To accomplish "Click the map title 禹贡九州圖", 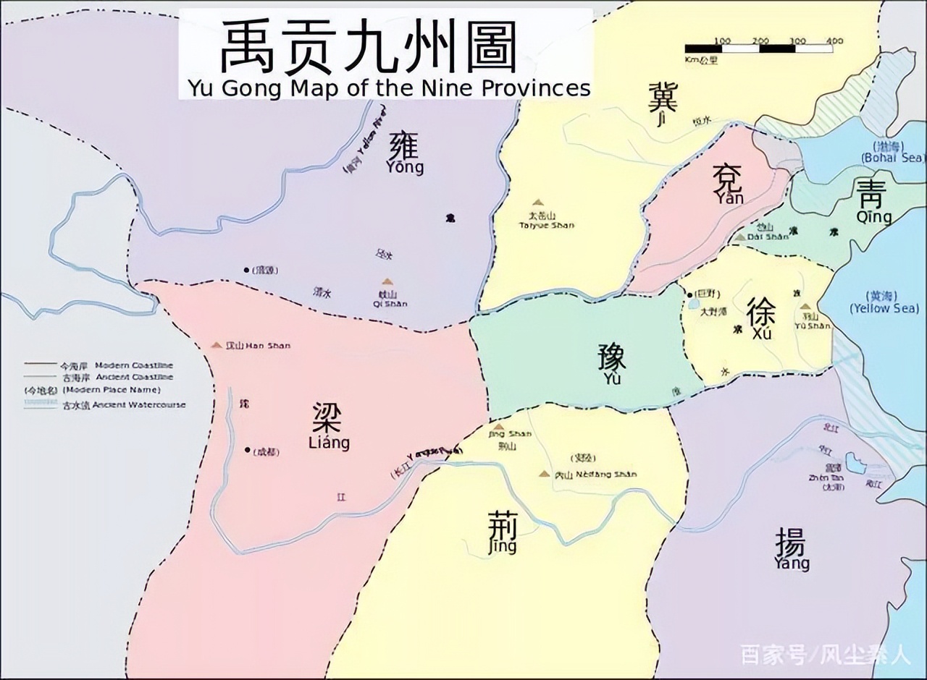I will point(369,46).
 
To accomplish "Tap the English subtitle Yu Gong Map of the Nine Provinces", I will point(389,88).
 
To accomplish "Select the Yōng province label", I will point(404,153).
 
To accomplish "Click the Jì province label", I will point(662,105).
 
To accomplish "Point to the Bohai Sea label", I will point(892,153).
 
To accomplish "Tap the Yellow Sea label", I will point(884,303).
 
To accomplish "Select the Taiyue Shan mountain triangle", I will point(537,203).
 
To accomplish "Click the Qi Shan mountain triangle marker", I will point(387,282).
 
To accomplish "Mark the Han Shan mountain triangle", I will point(216,346).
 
